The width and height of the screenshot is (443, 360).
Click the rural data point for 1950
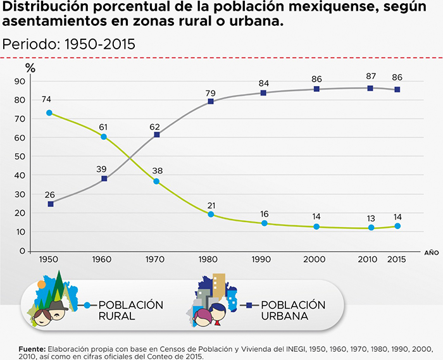[49, 113]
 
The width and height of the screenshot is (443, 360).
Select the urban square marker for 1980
[211, 101]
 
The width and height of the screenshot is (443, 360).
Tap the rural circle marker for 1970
[156, 182]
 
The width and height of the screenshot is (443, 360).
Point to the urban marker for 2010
[370, 88]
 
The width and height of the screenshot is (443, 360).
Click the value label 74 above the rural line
[47, 99]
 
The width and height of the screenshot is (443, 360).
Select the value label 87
[371, 76]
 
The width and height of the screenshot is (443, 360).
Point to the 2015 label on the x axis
[397, 259]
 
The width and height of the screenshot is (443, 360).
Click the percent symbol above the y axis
[30, 67]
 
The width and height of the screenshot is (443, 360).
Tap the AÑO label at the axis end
[432, 252]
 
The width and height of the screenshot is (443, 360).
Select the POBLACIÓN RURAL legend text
[130, 310]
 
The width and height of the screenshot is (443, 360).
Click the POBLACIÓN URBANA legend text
[292, 310]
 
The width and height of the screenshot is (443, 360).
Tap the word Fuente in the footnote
[32, 349]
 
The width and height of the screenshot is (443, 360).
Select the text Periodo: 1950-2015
[68, 45]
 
